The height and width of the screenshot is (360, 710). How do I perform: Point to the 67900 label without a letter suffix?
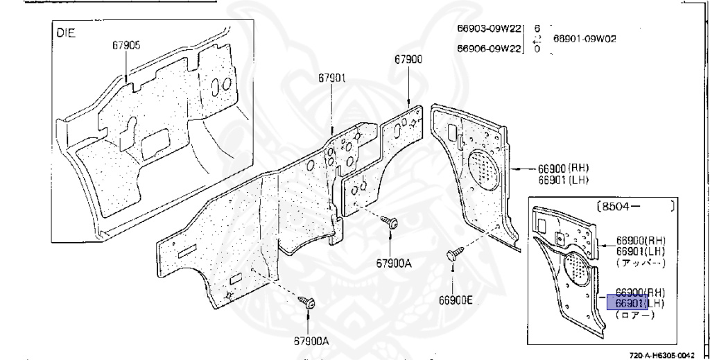pyautogui.click(x=408, y=60)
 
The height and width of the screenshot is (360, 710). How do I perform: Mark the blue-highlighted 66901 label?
pyautogui.click(x=627, y=303)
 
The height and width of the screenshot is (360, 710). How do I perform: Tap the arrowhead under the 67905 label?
pyautogui.click(x=126, y=82)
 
